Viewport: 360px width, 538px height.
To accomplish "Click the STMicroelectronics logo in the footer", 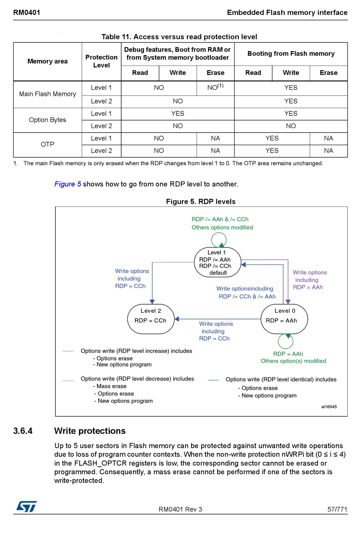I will tap(26, 506).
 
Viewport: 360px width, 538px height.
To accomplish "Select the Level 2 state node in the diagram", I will tap(151, 319).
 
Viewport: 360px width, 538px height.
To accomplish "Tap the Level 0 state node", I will tap(284, 319).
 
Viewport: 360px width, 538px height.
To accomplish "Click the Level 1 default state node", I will tap(218, 262).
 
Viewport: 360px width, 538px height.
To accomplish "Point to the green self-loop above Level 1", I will tap(219, 239).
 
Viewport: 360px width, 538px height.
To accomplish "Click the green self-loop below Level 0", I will tap(285, 341).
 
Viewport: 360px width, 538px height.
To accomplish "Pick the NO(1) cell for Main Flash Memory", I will tap(215, 88).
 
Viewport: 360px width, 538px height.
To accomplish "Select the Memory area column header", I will tap(47, 61).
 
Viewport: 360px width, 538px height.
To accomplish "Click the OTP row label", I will tap(47, 144).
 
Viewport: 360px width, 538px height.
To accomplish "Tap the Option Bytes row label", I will tap(47, 120).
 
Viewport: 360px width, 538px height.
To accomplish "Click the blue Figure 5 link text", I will tap(67, 184).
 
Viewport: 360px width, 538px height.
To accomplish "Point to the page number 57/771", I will tap(337, 509).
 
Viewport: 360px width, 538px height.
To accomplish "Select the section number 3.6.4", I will tap(23, 431).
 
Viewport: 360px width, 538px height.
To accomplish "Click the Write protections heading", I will tap(90, 431).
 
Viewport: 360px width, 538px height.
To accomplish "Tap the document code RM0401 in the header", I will tap(27, 13).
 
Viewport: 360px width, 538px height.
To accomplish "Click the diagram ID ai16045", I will tap(329, 407).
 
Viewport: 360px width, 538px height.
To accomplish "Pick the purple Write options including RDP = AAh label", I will tap(309, 280).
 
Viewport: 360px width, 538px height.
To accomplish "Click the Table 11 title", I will tap(179, 37).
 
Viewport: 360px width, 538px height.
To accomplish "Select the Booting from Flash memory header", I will tap(291, 54).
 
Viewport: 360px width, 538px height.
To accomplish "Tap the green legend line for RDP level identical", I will tap(213, 380).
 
